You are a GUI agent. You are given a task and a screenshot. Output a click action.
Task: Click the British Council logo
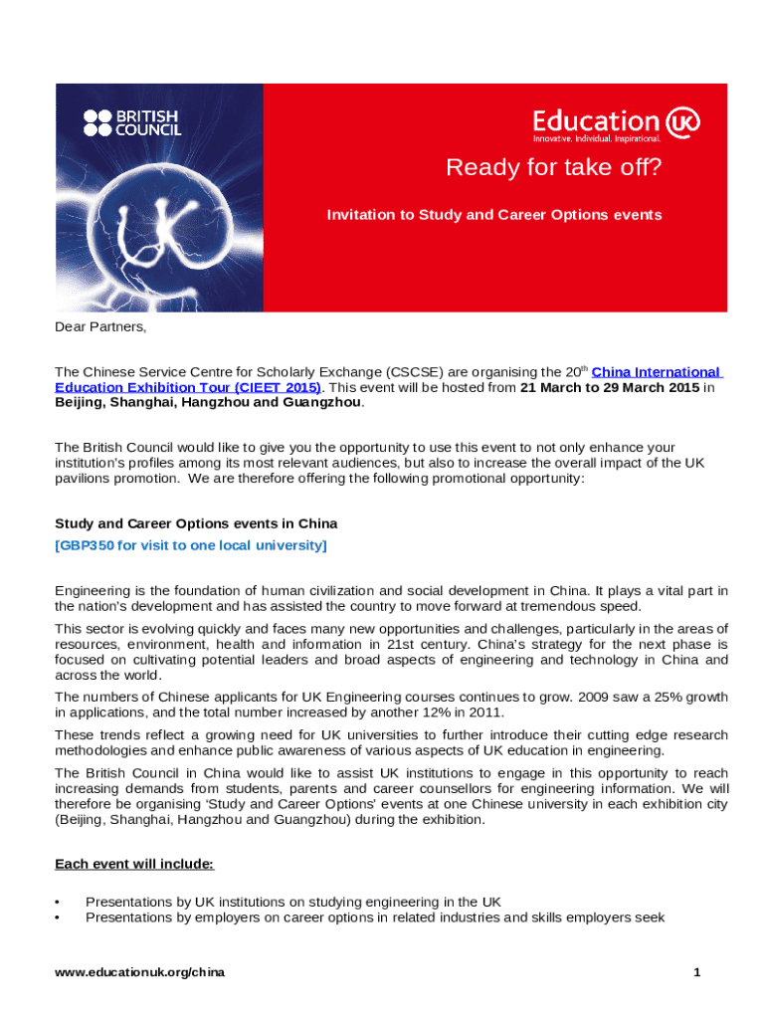(132, 121)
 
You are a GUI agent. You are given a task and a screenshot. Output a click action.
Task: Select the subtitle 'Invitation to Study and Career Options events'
(494, 215)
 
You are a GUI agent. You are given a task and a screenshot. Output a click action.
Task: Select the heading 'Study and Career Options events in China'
(196, 523)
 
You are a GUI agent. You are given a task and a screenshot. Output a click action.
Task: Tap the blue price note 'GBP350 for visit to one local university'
(190, 545)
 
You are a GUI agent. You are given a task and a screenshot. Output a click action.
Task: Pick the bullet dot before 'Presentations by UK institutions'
(59, 903)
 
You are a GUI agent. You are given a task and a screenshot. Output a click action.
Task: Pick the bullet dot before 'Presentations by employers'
(59, 917)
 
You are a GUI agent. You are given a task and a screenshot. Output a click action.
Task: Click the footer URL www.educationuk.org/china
(139, 971)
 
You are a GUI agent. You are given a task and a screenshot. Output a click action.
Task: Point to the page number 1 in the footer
(698, 971)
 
